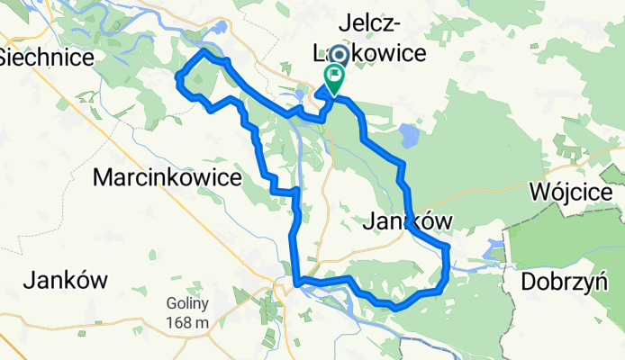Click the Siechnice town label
point(47,57)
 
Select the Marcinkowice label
point(168,178)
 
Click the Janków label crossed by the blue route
point(410,221)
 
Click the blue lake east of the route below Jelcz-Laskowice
point(409,137)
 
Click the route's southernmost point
point(394,307)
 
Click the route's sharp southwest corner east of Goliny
point(294,284)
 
